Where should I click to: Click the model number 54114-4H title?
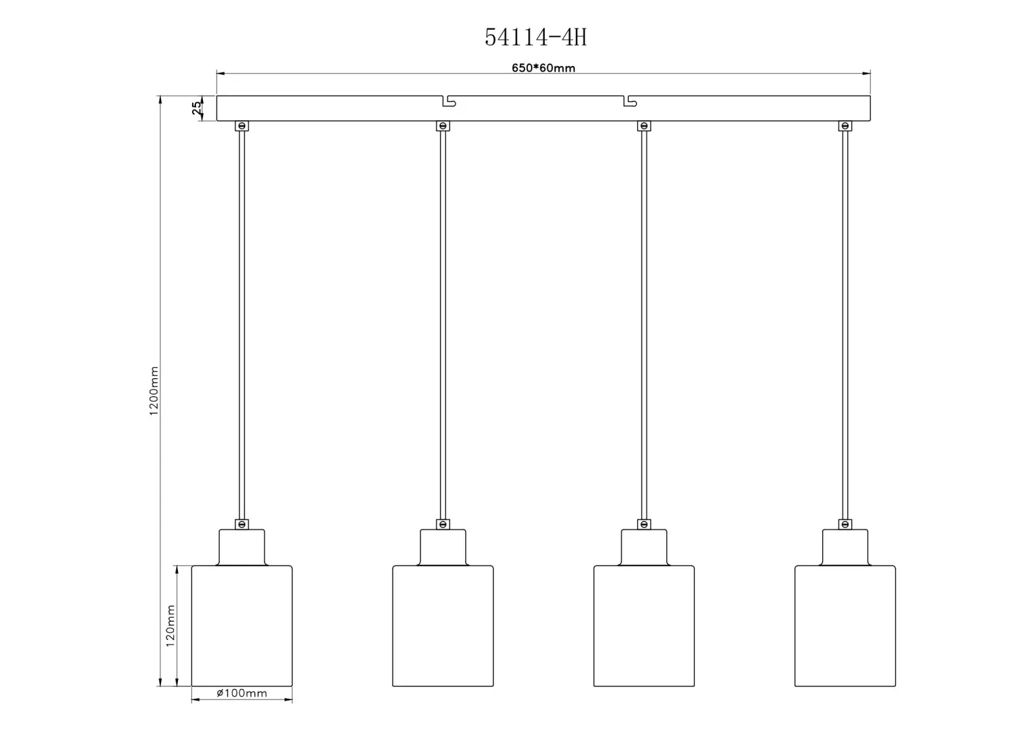coord(536,37)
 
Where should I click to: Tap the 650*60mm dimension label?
coord(543,68)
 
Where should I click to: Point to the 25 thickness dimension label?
coord(197,108)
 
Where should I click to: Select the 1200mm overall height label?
coord(154,390)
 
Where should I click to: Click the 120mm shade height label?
coord(171,626)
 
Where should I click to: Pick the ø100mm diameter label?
coord(242,693)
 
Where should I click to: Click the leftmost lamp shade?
coord(242,626)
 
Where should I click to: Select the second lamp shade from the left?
coord(442,626)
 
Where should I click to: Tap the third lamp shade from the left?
coord(644,626)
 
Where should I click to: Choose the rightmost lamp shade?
coord(845,626)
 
